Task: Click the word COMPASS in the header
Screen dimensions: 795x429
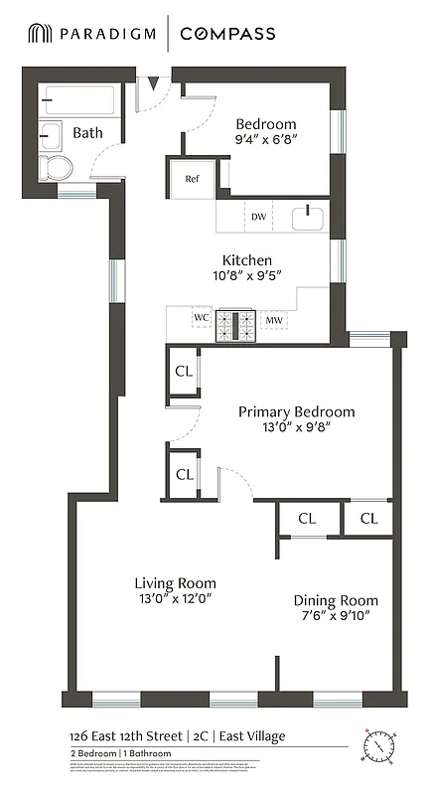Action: point(227,34)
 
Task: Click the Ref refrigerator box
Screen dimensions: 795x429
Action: point(192,179)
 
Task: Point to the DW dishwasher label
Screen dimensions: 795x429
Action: point(258,216)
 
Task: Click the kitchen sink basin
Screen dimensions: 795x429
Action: point(309,216)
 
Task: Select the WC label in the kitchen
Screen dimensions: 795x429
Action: point(202,319)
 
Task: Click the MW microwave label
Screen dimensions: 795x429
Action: point(273,320)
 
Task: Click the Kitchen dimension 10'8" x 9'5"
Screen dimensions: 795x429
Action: point(247,277)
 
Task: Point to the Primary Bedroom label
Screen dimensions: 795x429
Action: point(296,411)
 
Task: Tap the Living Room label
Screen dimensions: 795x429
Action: point(175,582)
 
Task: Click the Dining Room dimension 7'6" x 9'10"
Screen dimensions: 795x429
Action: point(335,617)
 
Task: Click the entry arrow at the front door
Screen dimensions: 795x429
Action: point(152,83)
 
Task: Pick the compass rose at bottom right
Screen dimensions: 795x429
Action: point(378,744)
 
